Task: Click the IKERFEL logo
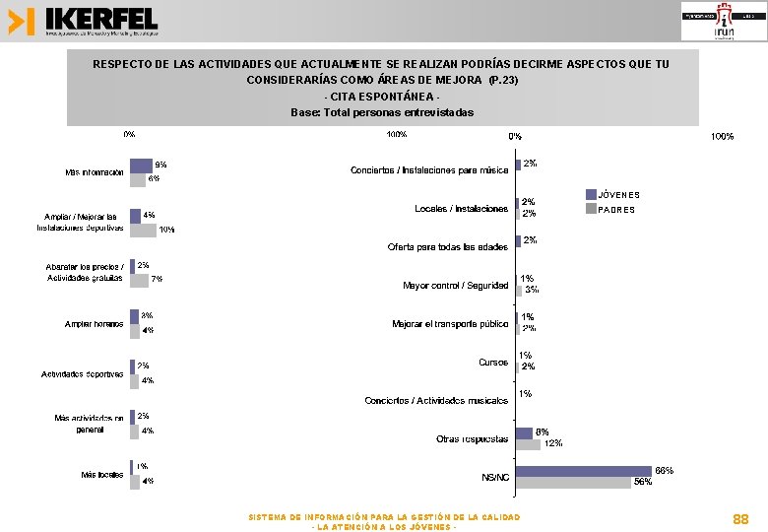pyautogui.click(x=83, y=21)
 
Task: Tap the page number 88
pyautogui.click(x=740, y=518)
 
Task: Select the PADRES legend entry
pyautogui.click(x=616, y=209)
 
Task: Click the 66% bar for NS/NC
pyautogui.click(x=584, y=471)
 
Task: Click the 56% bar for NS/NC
pyautogui.click(x=573, y=483)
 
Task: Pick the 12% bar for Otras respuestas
pyautogui.click(x=528, y=444)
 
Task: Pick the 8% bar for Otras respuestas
pyautogui.click(x=524, y=432)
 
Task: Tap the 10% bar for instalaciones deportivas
pyautogui.click(x=143, y=230)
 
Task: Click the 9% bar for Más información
pyautogui.click(x=141, y=166)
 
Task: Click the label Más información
pyautogui.click(x=95, y=172)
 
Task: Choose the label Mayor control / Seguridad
pyautogui.click(x=456, y=286)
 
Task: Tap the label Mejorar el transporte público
pyautogui.click(x=450, y=324)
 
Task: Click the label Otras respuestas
pyautogui.click(x=473, y=438)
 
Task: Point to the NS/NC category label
pyautogui.click(x=495, y=477)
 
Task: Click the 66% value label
pyautogui.click(x=665, y=471)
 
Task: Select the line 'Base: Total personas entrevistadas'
pyautogui.click(x=382, y=112)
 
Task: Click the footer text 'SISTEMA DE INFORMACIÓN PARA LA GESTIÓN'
pyautogui.click(x=384, y=517)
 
